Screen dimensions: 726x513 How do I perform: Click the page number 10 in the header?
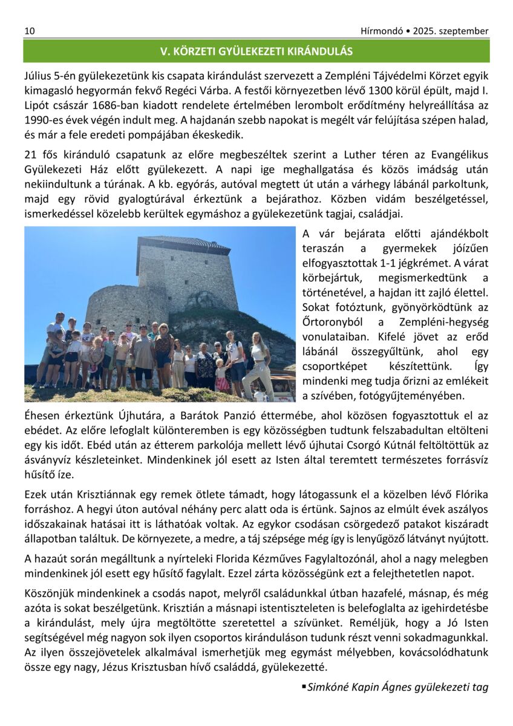pyautogui.click(x=29, y=31)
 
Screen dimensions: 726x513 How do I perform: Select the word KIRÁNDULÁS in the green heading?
pyautogui.click(x=322, y=51)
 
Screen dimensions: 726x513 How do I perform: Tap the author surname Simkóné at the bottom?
pyautogui.click(x=328, y=687)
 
